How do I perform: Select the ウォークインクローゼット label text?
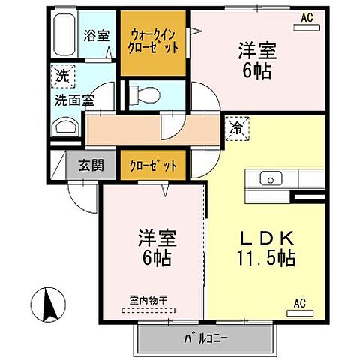(x=154, y=40)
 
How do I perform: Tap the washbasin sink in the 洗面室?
(x=63, y=128)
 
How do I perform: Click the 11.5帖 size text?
(x=264, y=259)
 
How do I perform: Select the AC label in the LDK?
(x=299, y=303)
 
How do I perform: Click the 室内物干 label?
(x=148, y=301)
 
